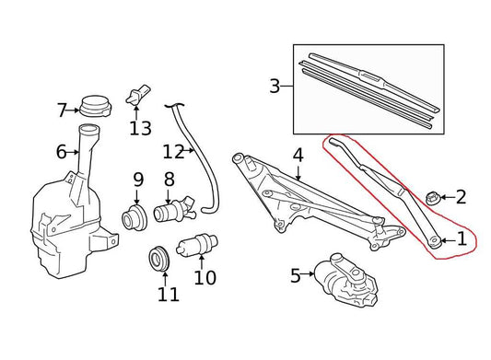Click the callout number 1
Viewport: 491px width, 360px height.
(x=462, y=240)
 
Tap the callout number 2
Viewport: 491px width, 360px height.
(x=461, y=196)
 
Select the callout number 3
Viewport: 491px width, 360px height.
(x=275, y=87)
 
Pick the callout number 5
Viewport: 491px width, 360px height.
(x=296, y=274)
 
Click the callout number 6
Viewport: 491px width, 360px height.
(x=62, y=151)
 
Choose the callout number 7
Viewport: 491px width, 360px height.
(x=62, y=110)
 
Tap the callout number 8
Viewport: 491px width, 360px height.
(x=169, y=179)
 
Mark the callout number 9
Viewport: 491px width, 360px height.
(x=138, y=179)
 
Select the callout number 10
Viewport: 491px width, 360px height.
(x=205, y=275)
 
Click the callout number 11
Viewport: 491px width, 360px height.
(x=167, y=295)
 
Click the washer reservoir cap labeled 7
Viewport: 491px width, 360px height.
(x=93, y=105)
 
